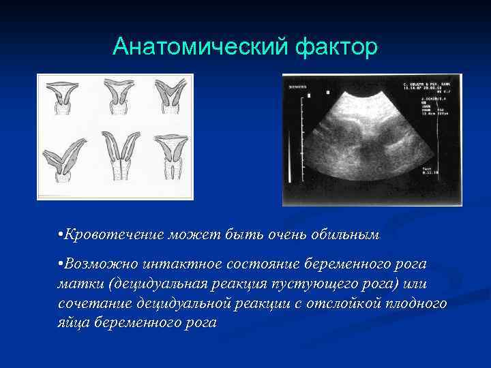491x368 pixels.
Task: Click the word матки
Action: (76, 283)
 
